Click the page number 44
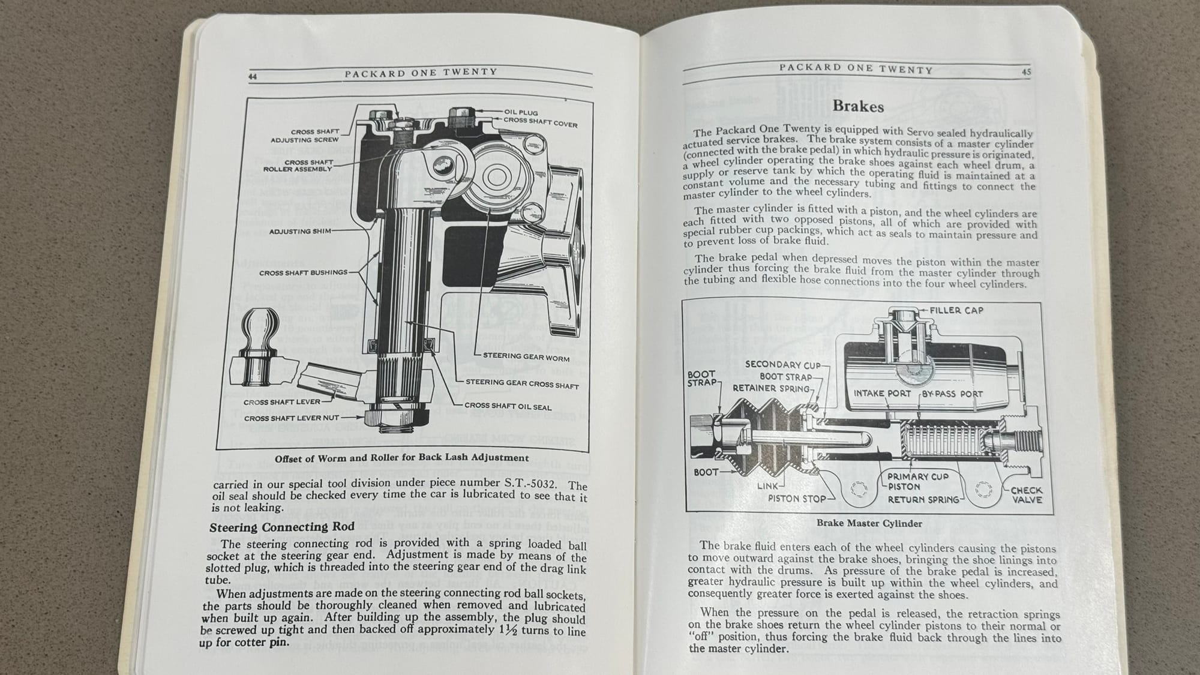point(253,76)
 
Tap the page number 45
point(1027,72)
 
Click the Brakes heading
point(858,106)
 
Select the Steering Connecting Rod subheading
point(282,527)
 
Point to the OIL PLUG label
point(521,112)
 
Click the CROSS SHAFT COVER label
point(540,122)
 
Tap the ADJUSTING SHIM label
point(299,231)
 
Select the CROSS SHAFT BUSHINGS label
point(303,272)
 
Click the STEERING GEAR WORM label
point(526,357)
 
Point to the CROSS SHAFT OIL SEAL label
point(508,406)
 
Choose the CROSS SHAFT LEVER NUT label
point(292,418)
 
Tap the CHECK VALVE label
point(1027,495)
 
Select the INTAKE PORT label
point(882,394)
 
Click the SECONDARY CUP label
point(782,364)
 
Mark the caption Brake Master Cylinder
point(869,523)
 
